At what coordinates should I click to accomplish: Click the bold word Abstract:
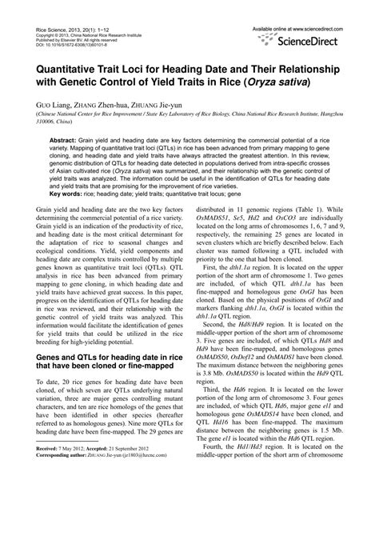(69, 138)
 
